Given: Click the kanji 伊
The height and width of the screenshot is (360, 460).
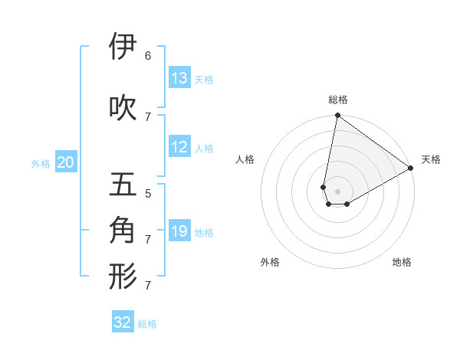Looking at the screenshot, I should [123, 47].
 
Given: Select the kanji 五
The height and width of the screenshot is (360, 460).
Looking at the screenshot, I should [123, 185].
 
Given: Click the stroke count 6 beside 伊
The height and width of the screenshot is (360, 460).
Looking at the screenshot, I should [148, 55].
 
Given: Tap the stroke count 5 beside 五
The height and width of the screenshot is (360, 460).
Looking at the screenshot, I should [148, 193].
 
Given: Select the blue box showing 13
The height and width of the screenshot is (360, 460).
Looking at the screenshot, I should [179, 78].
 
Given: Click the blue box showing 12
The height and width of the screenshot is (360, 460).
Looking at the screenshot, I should [179, 147].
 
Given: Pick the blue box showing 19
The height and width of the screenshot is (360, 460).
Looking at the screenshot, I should [179, 231].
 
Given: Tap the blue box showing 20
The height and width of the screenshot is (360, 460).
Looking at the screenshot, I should [66, 162].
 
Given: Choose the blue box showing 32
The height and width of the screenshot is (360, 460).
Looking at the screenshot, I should [123, 322].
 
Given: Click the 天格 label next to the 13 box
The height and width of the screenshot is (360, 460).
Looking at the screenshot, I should [204, 79].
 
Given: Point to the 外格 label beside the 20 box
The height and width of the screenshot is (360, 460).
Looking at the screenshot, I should [41, 163].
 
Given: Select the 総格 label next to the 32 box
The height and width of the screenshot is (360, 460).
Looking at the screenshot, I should [147, 323].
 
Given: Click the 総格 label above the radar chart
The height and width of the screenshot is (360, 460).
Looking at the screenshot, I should [338, 100].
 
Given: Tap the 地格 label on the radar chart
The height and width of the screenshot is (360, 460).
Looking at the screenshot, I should [402, 262].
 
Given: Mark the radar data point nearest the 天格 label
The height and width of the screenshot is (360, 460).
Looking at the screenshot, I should [411, 169].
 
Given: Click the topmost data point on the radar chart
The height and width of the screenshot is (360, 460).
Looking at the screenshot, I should [337, 116].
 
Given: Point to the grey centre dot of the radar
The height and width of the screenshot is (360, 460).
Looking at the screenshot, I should [338, 191].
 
